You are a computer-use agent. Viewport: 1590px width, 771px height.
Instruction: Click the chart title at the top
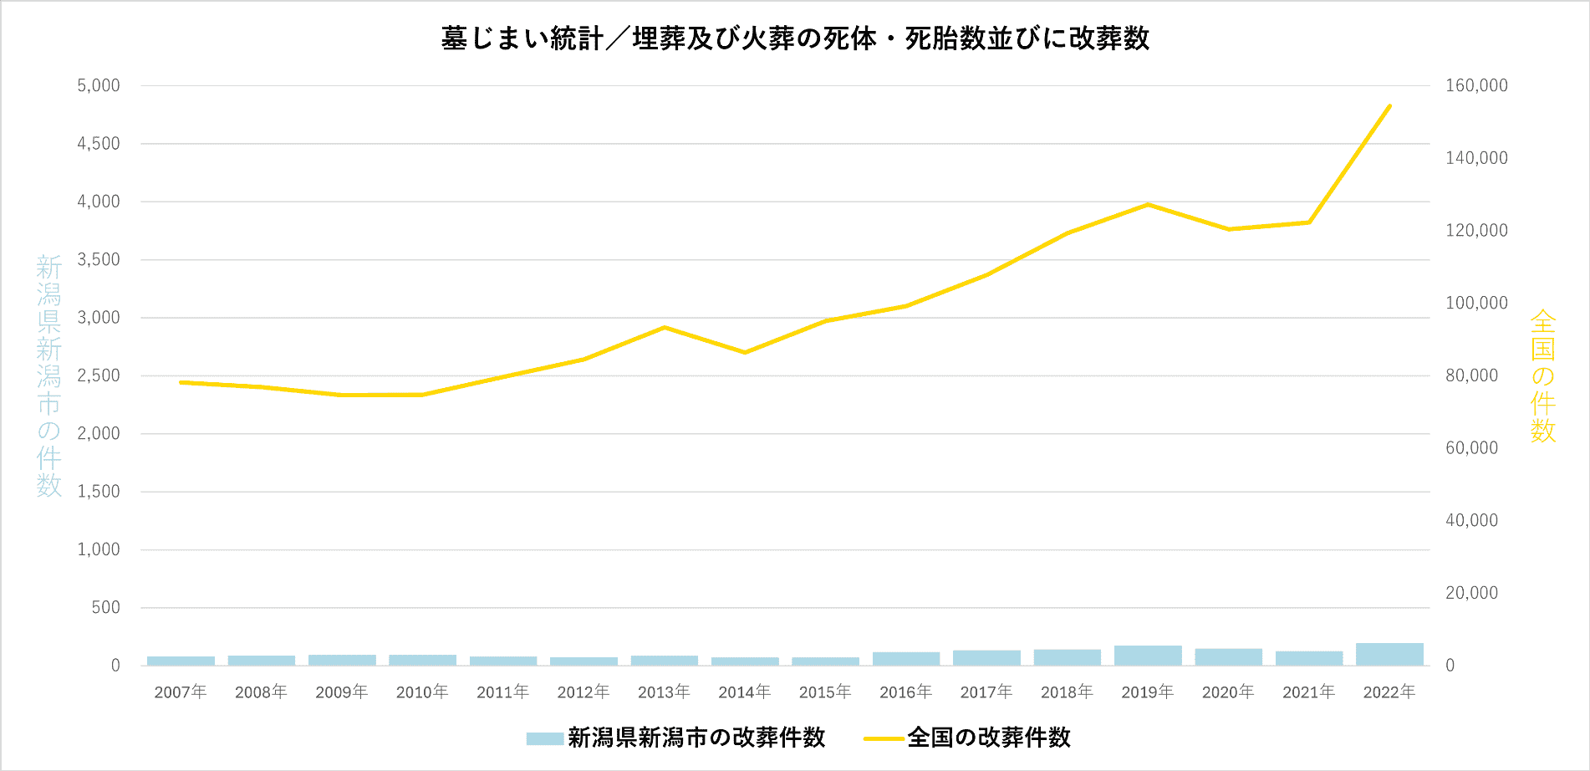pos(795,38)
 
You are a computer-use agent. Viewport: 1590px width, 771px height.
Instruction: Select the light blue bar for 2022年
pos(1389,655)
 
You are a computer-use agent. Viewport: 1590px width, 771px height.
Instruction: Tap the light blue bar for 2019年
pos(1148,656)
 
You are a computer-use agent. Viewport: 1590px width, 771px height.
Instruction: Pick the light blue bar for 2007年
pos(181,661)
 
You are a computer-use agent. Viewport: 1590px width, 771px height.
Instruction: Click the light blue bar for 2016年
pos(906,659)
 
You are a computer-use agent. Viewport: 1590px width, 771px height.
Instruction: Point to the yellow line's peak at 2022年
pos(1389,106)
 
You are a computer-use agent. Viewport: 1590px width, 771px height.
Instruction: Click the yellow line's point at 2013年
pos(664,327)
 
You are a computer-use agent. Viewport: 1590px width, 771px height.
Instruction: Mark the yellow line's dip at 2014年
pos(745,352)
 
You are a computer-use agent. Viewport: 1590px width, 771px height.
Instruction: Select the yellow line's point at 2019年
pos(1148,204)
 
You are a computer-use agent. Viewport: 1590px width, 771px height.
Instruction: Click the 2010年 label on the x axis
pos(422,692)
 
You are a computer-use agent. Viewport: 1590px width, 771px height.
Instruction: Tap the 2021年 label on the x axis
pos(1308,692)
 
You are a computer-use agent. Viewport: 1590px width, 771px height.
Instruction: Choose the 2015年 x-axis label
pos(825,692)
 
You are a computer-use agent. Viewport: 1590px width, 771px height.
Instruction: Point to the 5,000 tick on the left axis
pos(99,85)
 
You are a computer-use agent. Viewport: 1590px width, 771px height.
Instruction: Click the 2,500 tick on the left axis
pos(99,375)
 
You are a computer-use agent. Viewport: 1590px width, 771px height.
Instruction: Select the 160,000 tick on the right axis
pos(1476,85)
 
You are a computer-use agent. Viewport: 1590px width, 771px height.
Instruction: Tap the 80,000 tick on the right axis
pos(1471,375)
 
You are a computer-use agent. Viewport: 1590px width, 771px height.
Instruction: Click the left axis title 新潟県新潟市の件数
pos(49,375)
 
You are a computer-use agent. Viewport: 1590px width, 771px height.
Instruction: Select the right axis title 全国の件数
pos(1542,375)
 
